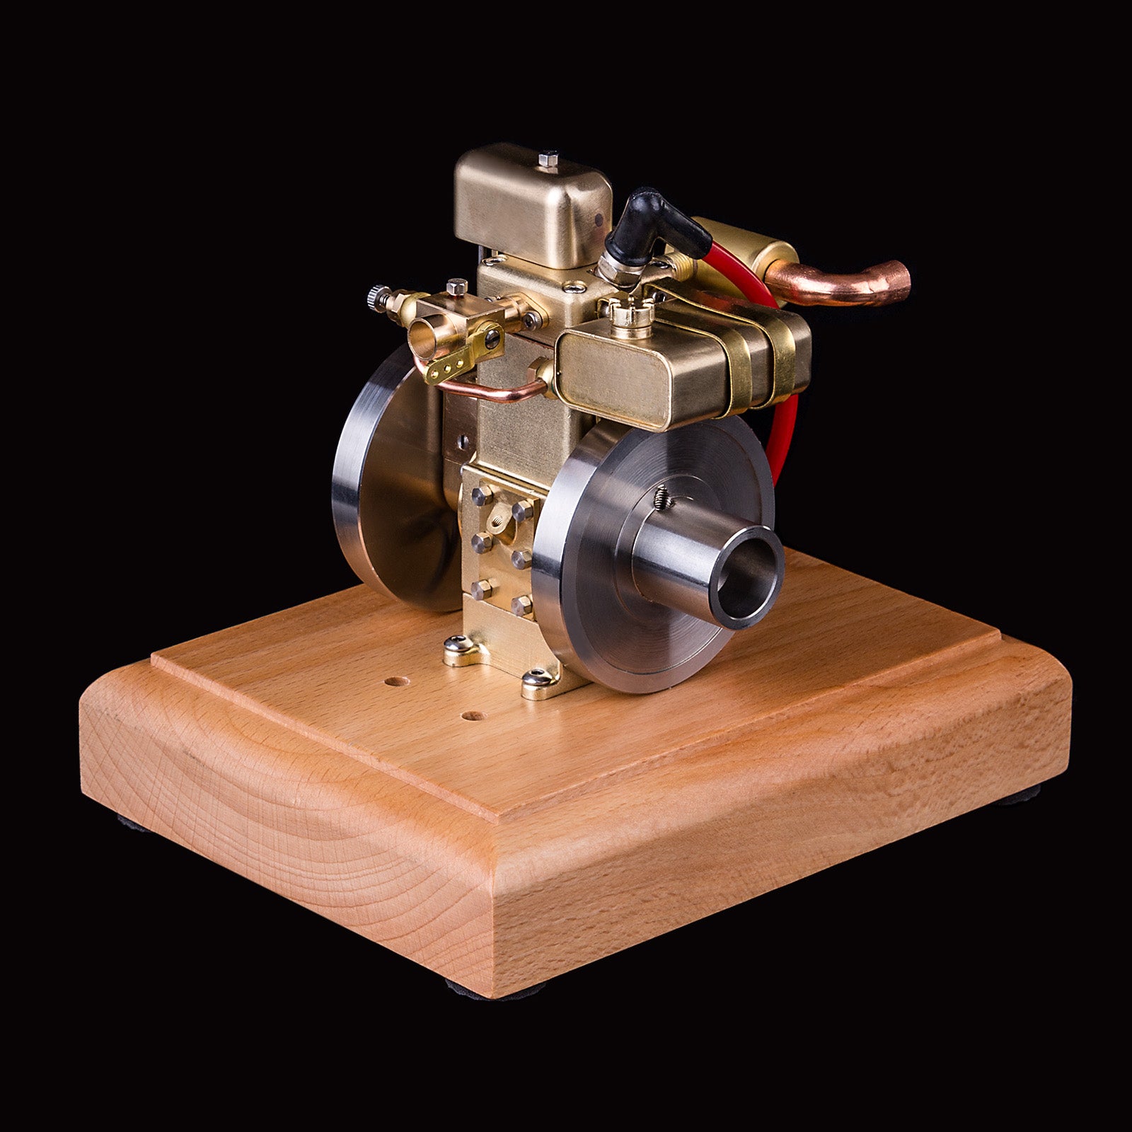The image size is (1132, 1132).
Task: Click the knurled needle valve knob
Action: [x=375, y=296]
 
